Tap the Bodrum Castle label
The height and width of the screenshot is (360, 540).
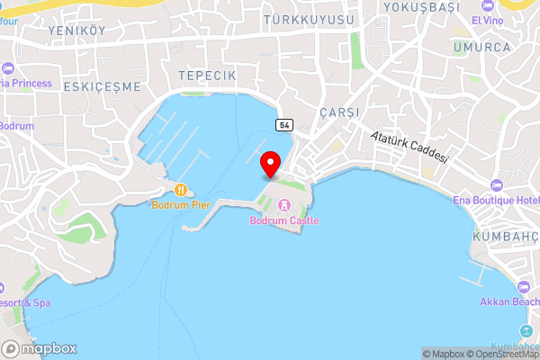point(284,220)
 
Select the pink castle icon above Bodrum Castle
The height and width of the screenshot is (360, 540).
point(284,205)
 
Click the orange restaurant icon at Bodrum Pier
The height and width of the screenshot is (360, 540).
point(181,190)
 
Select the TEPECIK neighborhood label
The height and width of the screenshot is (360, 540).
point(207,76)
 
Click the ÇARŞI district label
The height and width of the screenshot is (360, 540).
point(339,112)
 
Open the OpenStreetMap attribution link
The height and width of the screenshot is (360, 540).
point(499,354)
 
